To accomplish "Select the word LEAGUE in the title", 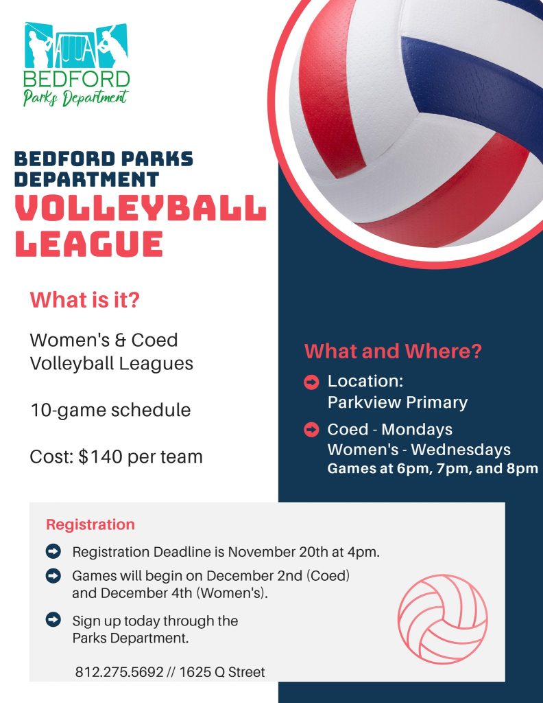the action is tap(88, 244).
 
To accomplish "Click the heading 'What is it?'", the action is tap(84, 299).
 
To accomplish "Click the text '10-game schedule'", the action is tap(110, 411).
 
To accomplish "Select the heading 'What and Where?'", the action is tap(393, 351).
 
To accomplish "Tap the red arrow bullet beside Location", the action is tap(311, 382).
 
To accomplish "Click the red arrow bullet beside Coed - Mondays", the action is tap(311, 430).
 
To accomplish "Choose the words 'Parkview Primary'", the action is tap(398, 402).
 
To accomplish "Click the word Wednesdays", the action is tap(461, 449).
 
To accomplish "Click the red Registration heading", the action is tap(90, 525).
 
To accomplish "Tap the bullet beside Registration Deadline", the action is tap(53, 551).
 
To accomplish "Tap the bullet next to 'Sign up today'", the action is tap(53, 620).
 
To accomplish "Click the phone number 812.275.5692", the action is tap(119, 671).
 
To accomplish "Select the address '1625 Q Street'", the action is tap(222, 671).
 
